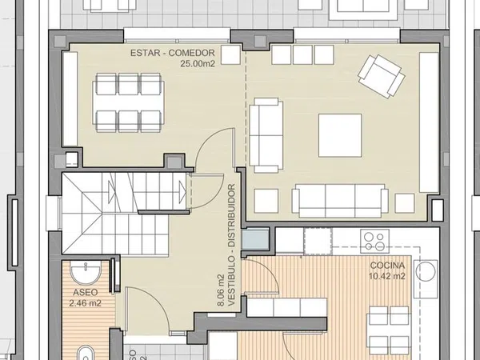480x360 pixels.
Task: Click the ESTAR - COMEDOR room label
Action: (173, 53)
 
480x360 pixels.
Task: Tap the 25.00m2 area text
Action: (198, 64)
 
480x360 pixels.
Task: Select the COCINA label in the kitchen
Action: (387, 266)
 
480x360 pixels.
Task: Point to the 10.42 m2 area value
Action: (387, 276)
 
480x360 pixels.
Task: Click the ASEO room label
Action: (86, 292)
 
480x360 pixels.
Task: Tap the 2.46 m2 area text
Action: (85, 303)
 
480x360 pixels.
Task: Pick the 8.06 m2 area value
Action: (221, 290)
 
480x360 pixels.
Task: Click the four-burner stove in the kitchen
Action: (374, 241)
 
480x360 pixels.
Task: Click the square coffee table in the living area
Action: (340, 136)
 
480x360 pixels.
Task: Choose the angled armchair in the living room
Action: (382, 76)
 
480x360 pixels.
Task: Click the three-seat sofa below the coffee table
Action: (340, 201)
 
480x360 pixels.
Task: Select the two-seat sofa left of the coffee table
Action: (266, 135)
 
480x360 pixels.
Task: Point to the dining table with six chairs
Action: (128, 102)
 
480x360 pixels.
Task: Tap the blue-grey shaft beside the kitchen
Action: (255, 238)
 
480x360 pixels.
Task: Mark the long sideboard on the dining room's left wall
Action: (70, 99)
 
